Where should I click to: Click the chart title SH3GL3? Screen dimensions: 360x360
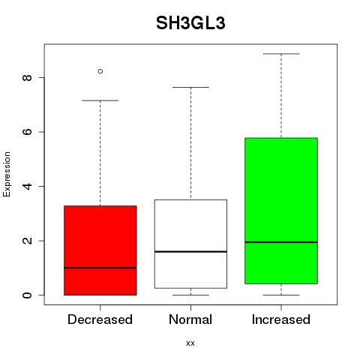click(190, 23)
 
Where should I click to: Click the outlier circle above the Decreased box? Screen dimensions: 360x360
click(100, 71)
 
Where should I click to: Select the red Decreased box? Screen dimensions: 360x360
click(100, 250)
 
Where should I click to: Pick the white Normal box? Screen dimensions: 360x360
click(190, 244)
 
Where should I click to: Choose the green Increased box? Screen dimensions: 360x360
click(281, 211)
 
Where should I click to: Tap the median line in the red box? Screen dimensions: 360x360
click(100, 268)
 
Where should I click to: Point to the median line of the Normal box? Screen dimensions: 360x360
click(190, 251)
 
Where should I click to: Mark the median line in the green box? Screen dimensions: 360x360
click(281, 242)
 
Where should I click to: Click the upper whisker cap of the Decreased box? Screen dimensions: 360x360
click(100, 100)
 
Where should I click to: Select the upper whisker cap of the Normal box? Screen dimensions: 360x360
click(190, 87)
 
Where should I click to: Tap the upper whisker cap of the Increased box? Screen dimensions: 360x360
click(281, 54)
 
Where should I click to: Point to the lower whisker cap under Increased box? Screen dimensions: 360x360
click(281, 295)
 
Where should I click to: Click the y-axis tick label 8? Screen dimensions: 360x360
click(27, 77)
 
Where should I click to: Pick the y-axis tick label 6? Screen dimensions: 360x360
click(27, 132)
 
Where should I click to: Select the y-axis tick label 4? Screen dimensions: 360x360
click(27, 186)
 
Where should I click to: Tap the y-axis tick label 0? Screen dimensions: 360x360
click(27, 295)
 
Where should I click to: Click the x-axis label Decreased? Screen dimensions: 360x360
click(100, 319)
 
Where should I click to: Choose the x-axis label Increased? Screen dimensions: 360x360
click(281, 319)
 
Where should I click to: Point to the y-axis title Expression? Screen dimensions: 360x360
click(7, 174)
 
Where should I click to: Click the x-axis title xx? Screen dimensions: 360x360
click(190, 343)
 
